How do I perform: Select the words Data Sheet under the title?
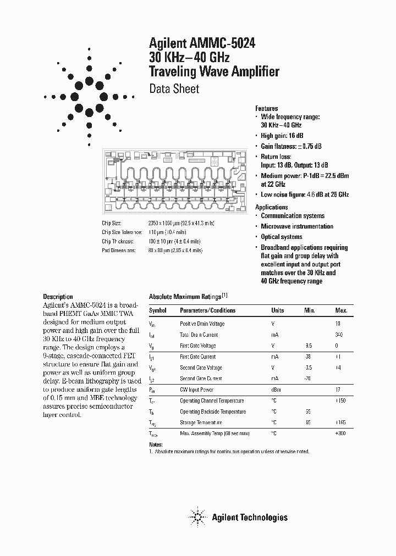pos(174,88)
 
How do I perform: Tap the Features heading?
pos(267,108)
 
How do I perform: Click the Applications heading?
pos(271,207)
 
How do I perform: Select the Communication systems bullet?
pos(293,216)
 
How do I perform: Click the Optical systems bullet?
pos(281,237)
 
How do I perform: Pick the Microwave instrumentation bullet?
pos(297,226)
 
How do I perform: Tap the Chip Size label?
pos(112,224)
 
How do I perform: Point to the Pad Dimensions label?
pos(118,250)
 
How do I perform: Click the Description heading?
pos(58,297)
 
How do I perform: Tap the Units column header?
pos(277,310)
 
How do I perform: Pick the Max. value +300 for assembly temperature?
pos(340,433)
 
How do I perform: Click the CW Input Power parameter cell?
pos(197,390)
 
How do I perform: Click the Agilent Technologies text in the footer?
pos(250,517)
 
